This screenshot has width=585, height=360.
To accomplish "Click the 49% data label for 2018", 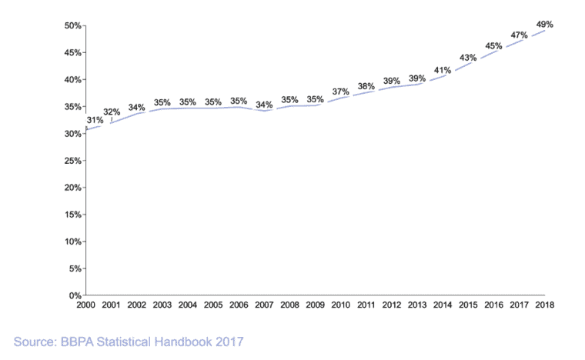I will pos(544,24).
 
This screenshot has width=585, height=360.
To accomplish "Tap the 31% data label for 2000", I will pos(95,121).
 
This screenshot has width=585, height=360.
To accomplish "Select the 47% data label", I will pos(519,35).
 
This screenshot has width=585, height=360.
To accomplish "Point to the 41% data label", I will pos(443,70).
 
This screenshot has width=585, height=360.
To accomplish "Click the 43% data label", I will pos(468,58).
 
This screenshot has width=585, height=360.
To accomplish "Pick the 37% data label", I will pos(341,92).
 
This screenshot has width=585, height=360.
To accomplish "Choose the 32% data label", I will pos(112,112).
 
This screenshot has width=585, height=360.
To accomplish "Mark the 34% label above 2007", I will pos(264,105).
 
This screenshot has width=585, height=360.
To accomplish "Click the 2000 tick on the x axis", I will pos(85,305).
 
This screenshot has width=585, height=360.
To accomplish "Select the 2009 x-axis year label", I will pos(315,305).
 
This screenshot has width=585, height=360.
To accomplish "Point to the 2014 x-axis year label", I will pos(442,305).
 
